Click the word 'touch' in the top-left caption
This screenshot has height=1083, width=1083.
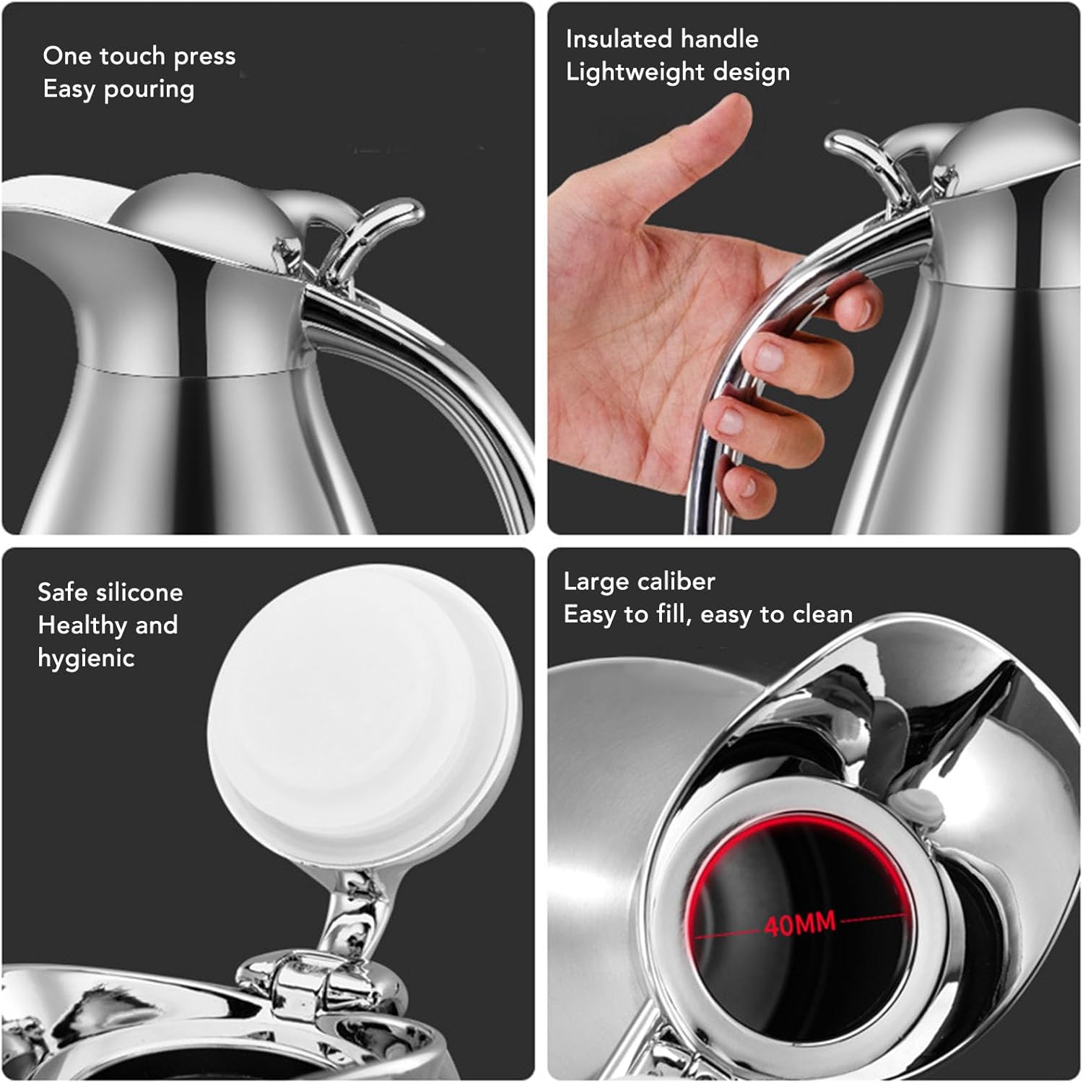pyautogui.click(x=134, y=56)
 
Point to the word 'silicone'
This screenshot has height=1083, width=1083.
pyautogui.click(x=139, y=592)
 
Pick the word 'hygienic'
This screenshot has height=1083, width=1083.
pyautogui.click(x=86, y=658)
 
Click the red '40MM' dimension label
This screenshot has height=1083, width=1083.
pyautogui.click(x=799, y=923)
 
